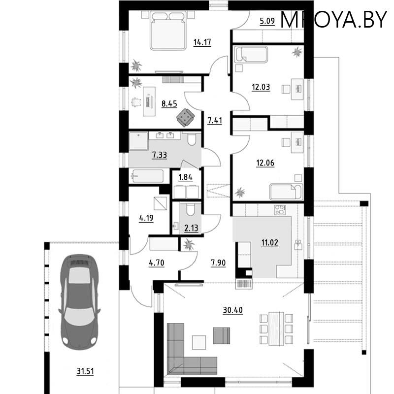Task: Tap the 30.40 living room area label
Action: (x=231, y=310)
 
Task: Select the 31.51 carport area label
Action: (x=85, y=371)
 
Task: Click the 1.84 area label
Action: (x=185, y=177)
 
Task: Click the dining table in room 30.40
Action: (x=275, y=329)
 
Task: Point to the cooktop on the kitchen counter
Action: (x=280, y=210)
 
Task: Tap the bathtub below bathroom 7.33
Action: (x=146, y=176)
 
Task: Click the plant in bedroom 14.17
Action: (x=136, y=65)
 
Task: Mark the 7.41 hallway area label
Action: (x=215, y=121)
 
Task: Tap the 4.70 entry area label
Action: (x=156, y=263)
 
